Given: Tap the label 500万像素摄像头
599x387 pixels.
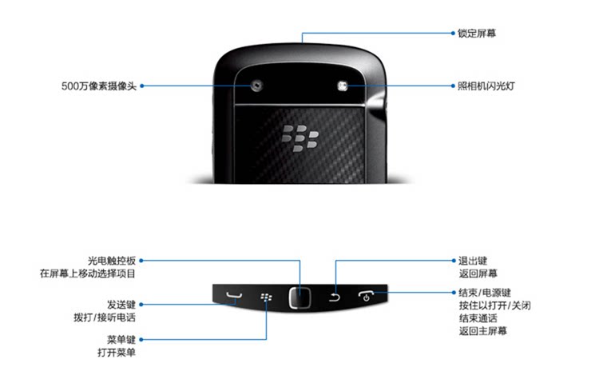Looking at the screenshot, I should tap(98, 86).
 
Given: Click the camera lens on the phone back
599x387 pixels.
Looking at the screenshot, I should tap(257, 86).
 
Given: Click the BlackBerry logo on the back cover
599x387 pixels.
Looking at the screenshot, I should tap(299, 137).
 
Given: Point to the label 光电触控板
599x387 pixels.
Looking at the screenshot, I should tap(112, 261).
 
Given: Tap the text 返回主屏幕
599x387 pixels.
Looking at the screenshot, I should tap(482, 331).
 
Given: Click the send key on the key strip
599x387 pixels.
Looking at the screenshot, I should tap(232, 298).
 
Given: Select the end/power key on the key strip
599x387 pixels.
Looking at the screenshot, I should tap(367, 297).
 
